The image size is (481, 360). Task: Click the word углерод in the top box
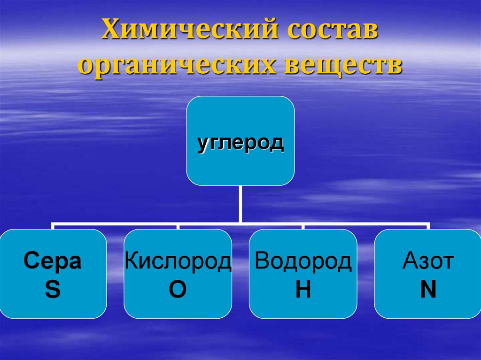click(x=240, y=142)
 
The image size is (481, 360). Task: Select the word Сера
click(x=53, y=262)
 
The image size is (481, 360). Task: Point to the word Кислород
click(x=178, y=262)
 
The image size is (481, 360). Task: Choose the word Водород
click(x=303, y=262)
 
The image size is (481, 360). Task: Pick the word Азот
click(x=428, y=262)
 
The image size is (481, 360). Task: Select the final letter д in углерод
click(x=277, y=143)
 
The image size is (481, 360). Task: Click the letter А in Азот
click(x=410, y=262)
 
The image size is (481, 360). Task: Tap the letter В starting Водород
click(x=261, y=262)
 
